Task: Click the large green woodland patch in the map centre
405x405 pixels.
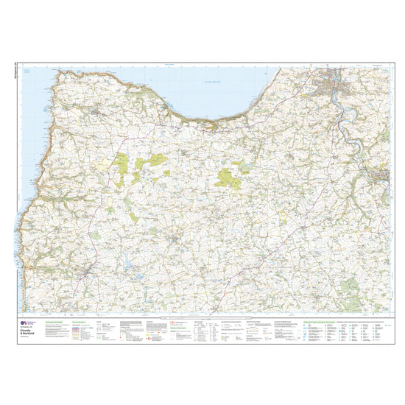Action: click(x=225, y=177)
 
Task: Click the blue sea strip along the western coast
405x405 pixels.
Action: click(x=26, y=221)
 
